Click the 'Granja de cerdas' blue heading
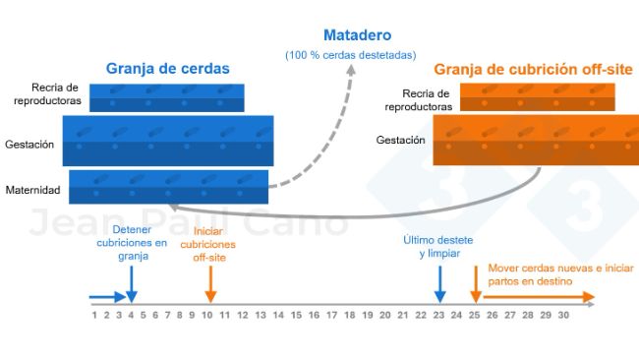click(167, 69)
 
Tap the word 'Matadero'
click(350, 33)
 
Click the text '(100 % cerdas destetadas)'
click(350, 54)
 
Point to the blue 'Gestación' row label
click(29, 144)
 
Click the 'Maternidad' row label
click(33, 189)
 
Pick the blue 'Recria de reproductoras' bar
click(166, 97)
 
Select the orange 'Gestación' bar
click(535, 141)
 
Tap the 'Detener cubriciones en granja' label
click(132, 249)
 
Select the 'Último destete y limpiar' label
click(438, 247)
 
